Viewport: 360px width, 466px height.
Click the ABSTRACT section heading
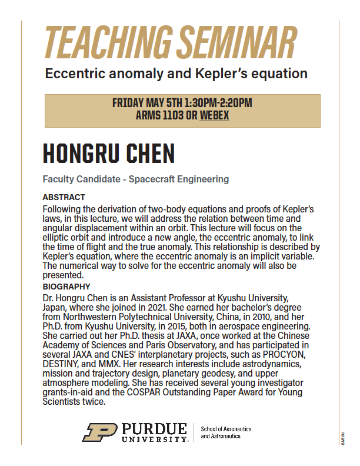coord(64,197)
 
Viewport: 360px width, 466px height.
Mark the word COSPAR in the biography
coord(152,392)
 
